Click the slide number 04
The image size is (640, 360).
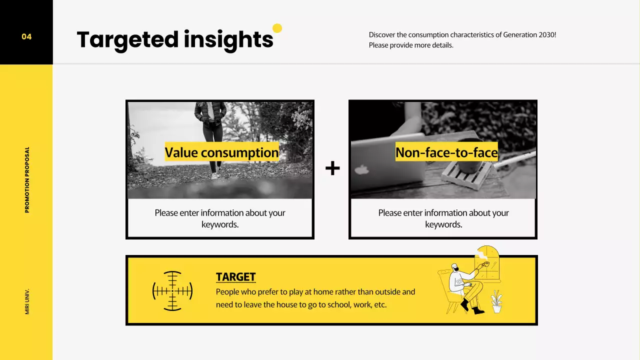26,36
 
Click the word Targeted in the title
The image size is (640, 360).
127,39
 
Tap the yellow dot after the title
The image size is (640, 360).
277,28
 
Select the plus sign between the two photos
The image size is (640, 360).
332,168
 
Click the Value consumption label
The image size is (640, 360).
221,152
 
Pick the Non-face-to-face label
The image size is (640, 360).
446,152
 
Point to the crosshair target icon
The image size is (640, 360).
172,291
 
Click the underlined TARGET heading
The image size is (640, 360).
235,277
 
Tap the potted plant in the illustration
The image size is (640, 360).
496,302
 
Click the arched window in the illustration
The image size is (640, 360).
487,262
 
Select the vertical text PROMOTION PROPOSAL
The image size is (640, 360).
27,179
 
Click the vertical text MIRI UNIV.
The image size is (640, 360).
27,301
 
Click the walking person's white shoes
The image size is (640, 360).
214,175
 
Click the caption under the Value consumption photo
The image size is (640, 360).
220,218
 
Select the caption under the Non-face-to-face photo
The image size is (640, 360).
443,218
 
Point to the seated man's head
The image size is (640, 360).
454,268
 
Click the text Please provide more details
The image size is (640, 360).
411,45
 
